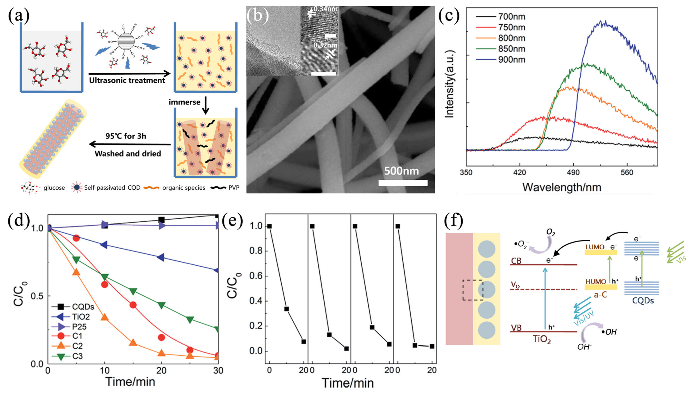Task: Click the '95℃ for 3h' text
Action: click(126, 136)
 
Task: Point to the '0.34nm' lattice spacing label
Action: click(325, 9)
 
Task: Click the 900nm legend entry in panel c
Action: click(511, 60)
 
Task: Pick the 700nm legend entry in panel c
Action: click(511, 17)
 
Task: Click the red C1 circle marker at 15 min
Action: click(133, 305)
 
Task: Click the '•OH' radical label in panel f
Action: click(609, 332)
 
